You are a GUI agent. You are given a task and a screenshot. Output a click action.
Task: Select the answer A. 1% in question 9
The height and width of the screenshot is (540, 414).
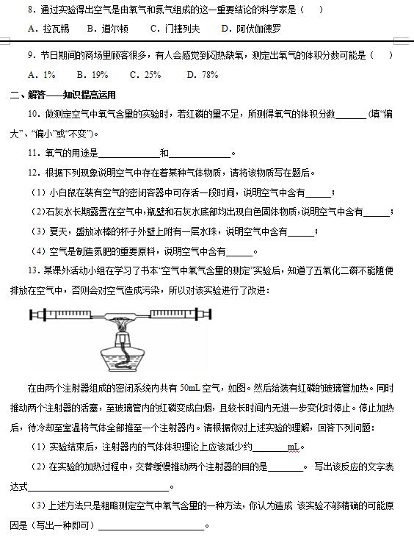point(42,74)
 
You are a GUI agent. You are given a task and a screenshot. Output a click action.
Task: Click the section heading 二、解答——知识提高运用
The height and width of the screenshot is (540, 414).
point(62,95)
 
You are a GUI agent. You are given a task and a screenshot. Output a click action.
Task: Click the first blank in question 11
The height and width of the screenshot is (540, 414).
point(128,154)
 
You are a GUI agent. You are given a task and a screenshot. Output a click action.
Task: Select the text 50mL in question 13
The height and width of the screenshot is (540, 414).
point(190,388)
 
